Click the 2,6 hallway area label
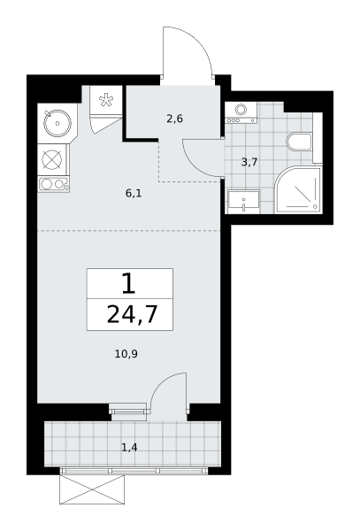pos(174,119)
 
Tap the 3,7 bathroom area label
pos(249,162)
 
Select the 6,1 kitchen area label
pos(134,193)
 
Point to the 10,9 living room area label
pos(126,354)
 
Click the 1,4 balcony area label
pos(130,448)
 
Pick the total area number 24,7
pos(133,314)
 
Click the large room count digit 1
pos(129,283)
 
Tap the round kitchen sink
pos(57,123)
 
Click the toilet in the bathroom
pos(299,142)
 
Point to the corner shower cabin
pos(298,190)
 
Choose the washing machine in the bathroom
pos(241,112)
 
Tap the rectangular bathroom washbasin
pos(244,202)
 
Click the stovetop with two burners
pos(54,185)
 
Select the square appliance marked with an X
pos(52,160)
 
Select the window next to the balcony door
pos(129,412)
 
